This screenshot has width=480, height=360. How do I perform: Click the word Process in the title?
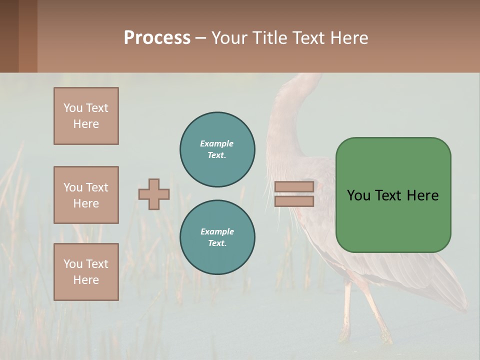pyautogui.click(x=157, y=38)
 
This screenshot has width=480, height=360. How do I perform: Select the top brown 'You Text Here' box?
pyautogui.click(x=86, y=116)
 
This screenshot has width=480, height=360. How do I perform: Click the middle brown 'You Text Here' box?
pyautogui.click(x=86, y=195)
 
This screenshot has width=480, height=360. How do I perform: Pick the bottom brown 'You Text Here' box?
pyautogui.click(x=86, y=272)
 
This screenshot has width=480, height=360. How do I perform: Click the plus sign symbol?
pyautogui.click(x=154, y=194)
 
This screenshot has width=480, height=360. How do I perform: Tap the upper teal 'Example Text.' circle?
pyautogui.click(x=217, y=149)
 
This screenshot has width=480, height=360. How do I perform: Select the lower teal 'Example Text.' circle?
pyautogui.click(x=217, y=237)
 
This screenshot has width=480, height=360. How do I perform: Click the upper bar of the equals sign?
pyautogui.click(x=294, y=187)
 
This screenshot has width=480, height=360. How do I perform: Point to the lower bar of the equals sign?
pyautogui.click(x=294, y=201)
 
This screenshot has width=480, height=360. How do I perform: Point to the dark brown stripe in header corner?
pyautogui.click(x=9, y=36)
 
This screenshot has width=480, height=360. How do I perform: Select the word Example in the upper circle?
pyautogui.click(x=216, y=143)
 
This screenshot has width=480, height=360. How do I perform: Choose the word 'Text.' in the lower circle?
pyautogui.click(x=217, y=243)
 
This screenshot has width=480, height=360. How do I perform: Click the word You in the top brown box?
pyautogui.click(x=72, y=108)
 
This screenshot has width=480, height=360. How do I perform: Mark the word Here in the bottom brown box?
pyautogui.click(x=86, y=280)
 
